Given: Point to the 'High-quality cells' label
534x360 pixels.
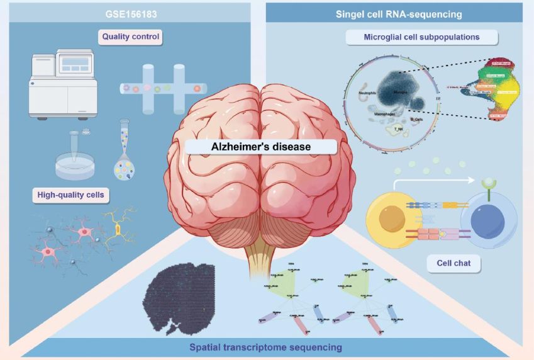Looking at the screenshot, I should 69,196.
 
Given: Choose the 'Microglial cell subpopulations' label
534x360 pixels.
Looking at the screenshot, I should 421,37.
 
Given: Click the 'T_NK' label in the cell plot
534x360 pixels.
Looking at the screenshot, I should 398,128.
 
